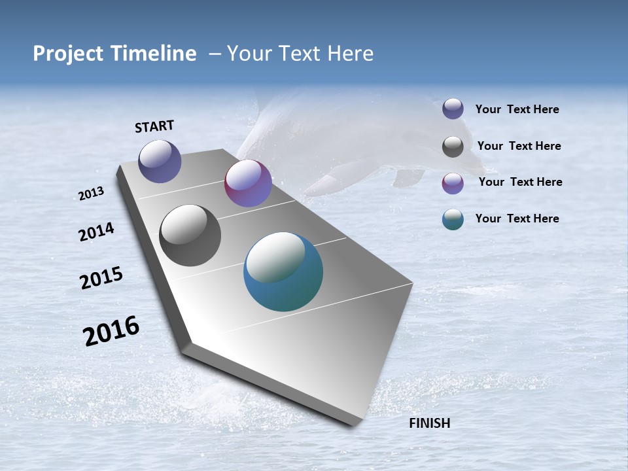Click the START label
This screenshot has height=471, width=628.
(154, 126)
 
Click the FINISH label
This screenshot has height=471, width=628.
(429, 423)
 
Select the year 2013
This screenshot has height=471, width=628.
(92, 194)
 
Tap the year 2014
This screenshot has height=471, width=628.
(96, 232)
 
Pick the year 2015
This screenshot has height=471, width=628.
(101, 278)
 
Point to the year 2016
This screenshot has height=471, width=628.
(111, 331)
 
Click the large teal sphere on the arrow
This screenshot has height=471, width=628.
(283, 271)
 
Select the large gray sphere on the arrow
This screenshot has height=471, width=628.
(190, 235)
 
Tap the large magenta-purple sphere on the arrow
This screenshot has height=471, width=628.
(248, 183)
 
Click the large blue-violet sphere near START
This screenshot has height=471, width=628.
(160, 161)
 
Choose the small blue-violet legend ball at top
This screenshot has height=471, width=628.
(453, 109)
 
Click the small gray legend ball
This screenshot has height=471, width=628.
(453, 147)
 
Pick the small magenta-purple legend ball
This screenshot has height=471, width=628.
(453, 183)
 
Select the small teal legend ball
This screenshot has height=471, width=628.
(453, 219)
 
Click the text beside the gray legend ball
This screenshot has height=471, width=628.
(519, 146)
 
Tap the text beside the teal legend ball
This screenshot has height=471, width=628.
(517, 218)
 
